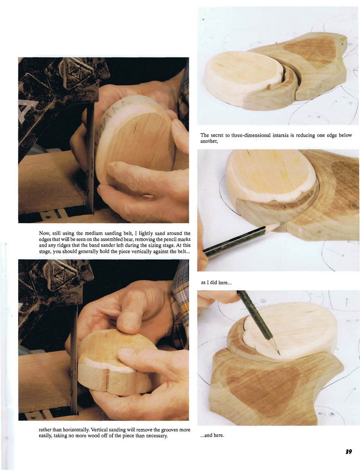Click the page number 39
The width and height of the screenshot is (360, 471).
coord(348,452)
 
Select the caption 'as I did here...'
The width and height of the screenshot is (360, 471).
coord(216,283)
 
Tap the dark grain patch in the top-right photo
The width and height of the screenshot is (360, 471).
coord(310,51)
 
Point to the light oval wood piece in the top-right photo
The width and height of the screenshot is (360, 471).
coord(243,79)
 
